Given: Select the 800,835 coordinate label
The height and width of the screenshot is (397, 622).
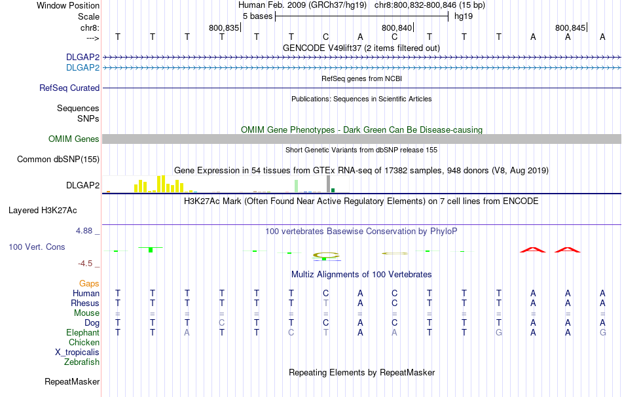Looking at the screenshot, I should coord(224,27).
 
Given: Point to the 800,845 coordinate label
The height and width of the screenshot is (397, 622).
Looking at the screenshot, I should coord(570,27).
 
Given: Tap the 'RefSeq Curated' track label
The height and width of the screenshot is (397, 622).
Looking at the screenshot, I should coord(69,88).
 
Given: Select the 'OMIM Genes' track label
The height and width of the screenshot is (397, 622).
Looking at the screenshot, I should coord(74,139).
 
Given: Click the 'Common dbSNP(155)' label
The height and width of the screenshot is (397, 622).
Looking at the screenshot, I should coord(58,160).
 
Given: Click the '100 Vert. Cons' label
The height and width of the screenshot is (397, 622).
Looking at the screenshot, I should coord(38,247).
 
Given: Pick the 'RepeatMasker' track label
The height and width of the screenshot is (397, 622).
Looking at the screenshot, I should coord(72,381).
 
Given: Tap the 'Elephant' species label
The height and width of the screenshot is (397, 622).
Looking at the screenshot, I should coord(83,333).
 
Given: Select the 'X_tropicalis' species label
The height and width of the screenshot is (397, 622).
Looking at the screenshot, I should coord(77,352).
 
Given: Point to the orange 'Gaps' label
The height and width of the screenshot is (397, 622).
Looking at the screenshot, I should coord(89,284).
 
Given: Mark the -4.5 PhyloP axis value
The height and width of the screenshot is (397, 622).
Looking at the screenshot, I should coord(86,264).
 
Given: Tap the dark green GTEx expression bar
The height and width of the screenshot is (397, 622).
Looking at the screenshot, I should coord(333,190).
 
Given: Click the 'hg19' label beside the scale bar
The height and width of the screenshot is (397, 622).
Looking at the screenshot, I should coord(464,16).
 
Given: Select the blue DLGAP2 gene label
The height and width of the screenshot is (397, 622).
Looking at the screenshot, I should coord(82,67).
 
